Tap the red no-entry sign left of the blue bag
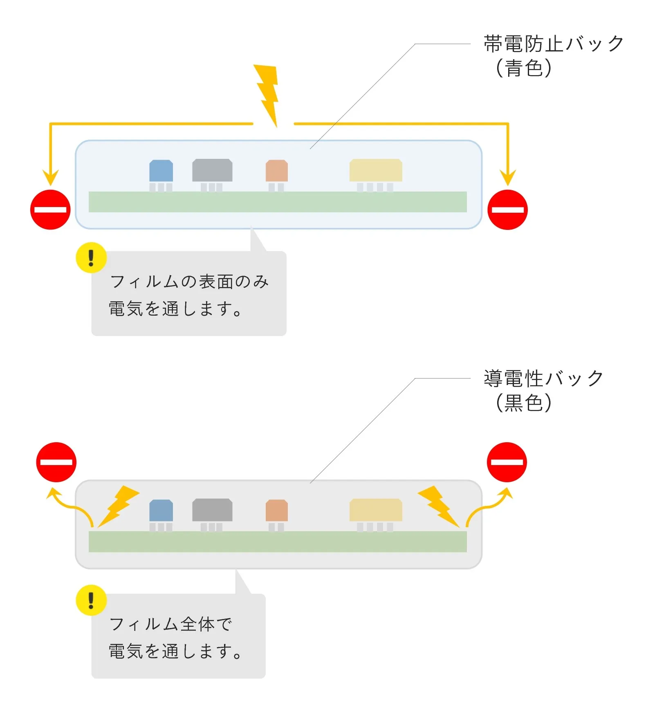point(50,209)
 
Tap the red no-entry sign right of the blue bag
point(507,209)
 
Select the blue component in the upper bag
point(161,171)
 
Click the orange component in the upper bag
point(277,171)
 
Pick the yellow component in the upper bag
point(376,170)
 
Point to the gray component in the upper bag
point(212,170)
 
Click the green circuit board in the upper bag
point(278,202)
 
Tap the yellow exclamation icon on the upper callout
point(91,258)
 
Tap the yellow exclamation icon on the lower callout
point(91,600)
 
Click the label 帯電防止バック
point(554,44)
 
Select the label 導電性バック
point(543,379)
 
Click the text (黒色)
point(523,403)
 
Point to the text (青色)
point(523,68)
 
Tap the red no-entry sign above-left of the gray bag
point(56,462)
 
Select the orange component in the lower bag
point(277,510)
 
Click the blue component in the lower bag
point(161,510)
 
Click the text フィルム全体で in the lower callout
point(170,624)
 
